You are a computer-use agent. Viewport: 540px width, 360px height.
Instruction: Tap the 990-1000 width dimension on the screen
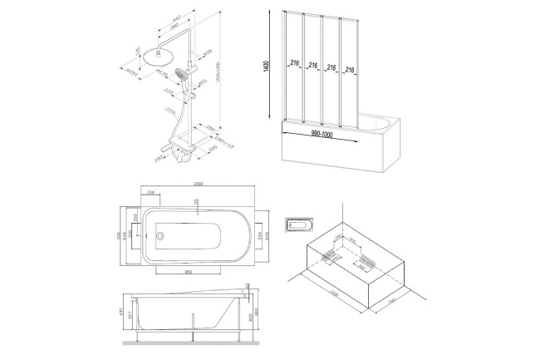point(325,132)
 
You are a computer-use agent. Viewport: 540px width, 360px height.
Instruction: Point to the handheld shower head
point(193,81)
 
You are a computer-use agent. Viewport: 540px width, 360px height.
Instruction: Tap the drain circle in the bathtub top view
point(160,235)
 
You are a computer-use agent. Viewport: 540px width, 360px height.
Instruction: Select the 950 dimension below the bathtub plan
point(189,273)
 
